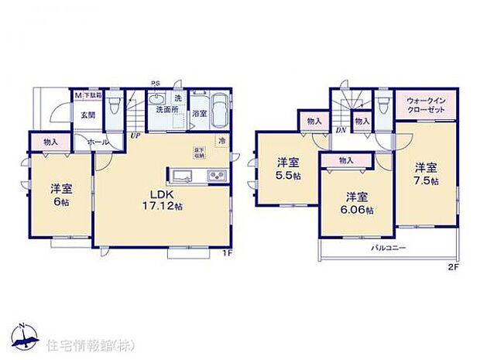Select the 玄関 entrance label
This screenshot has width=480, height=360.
87,115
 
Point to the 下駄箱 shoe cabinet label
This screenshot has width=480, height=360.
92,96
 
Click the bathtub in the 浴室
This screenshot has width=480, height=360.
218,111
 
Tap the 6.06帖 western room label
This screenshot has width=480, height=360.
358,202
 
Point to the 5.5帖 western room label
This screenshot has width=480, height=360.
289,169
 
